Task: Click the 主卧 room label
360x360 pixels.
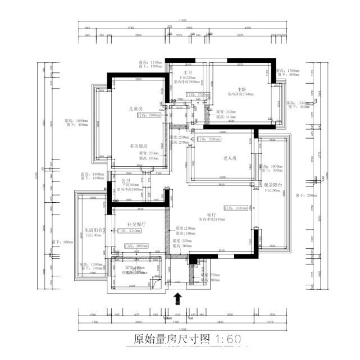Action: tap(242, 89)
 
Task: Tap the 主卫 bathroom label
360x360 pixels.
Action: tap(188, 72)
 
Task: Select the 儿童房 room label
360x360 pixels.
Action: tap(136, 108)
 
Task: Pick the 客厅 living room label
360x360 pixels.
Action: tap(212, 215)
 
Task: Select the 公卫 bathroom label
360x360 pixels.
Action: tap(126, 180)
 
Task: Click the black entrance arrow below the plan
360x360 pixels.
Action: tap(177, 297)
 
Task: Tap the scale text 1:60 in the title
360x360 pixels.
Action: tap(226, 339)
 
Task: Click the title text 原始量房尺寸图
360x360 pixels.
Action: tap(172, 339)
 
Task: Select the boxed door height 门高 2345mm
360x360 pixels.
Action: tap(235, 208)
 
